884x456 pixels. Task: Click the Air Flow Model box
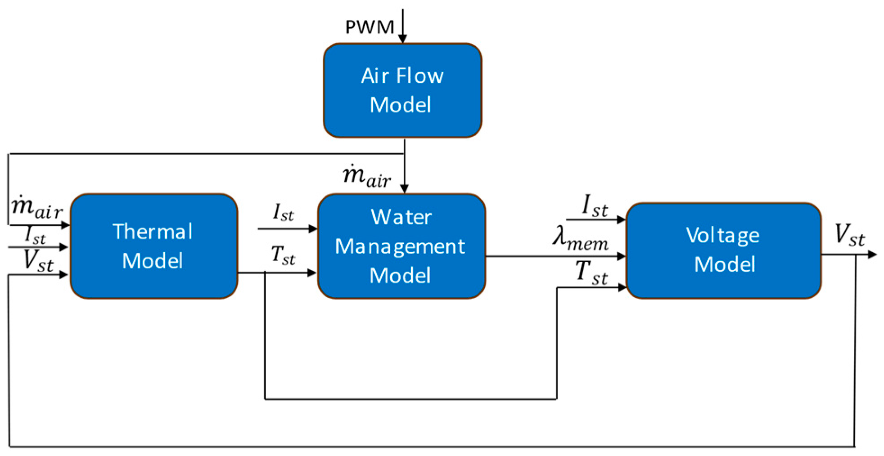[402, 90]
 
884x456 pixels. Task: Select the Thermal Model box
[153, 246]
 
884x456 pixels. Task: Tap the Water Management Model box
[401, 246]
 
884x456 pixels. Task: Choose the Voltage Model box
[723, 250]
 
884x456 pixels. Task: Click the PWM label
[369, 27]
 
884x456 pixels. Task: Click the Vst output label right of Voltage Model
[849, 235]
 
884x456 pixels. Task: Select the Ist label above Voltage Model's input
[594, 206]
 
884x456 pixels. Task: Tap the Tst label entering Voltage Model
[591, 273]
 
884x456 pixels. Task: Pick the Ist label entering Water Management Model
[283, 212]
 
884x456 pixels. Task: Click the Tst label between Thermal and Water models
[283, 255]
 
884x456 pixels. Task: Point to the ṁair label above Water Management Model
[367, 176]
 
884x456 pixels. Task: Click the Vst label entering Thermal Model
[38, 260]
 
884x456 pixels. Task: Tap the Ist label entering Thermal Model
[35, 235]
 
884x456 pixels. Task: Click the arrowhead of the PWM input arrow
[403, 39]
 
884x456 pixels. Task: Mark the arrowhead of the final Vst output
[873, 255]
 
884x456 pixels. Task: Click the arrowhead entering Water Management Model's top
[405, 188]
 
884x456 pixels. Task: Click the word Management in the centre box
[400, 247]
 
